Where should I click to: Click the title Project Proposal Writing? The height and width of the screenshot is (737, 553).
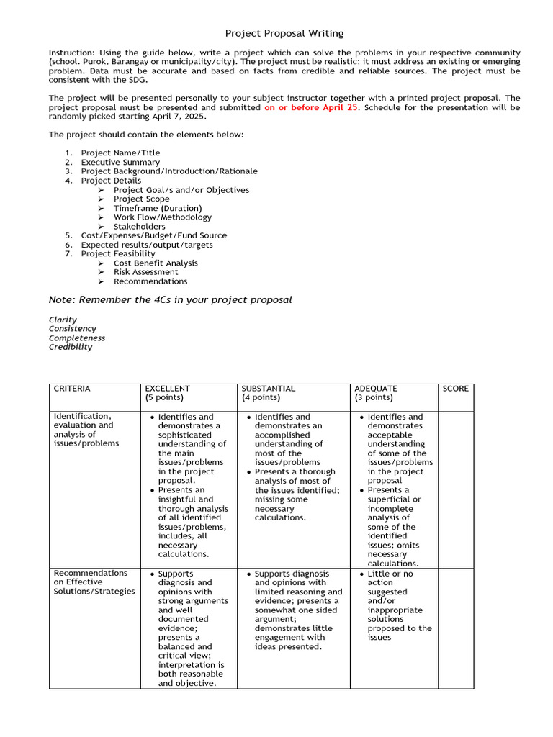pos(284,33)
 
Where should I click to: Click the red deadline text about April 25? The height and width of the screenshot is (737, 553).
pos(311,107)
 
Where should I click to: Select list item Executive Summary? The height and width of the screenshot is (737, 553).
pos(120,162)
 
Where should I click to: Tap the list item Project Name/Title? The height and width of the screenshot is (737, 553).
pos(120,153)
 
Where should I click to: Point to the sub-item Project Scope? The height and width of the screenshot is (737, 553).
pos(141,199)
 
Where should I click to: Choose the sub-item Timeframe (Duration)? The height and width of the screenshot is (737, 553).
pos(157,208)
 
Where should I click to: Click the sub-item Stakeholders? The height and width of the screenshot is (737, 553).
pos(139,227)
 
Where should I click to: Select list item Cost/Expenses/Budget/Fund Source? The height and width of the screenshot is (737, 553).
pos(153,235)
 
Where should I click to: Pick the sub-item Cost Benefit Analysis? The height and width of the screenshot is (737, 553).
pos(156,263)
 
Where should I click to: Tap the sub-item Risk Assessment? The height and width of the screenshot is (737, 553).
pos(145,272)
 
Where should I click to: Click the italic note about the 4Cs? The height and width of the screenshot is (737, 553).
pos(170,299)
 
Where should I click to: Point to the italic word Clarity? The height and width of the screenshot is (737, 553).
pos(63,320)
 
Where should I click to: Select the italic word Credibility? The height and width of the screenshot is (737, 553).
pos(71,347)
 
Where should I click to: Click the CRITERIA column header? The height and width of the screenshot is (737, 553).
pos(72,389)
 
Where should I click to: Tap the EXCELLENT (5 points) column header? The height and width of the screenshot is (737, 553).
pos(167,393)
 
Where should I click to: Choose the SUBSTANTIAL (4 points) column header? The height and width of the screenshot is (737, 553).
pos(268,393)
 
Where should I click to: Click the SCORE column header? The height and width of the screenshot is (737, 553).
pos(455,389)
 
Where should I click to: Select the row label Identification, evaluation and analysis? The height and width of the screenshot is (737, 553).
pos(83,430)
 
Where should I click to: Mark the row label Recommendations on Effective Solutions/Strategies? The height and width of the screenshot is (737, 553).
pos(94,582)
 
